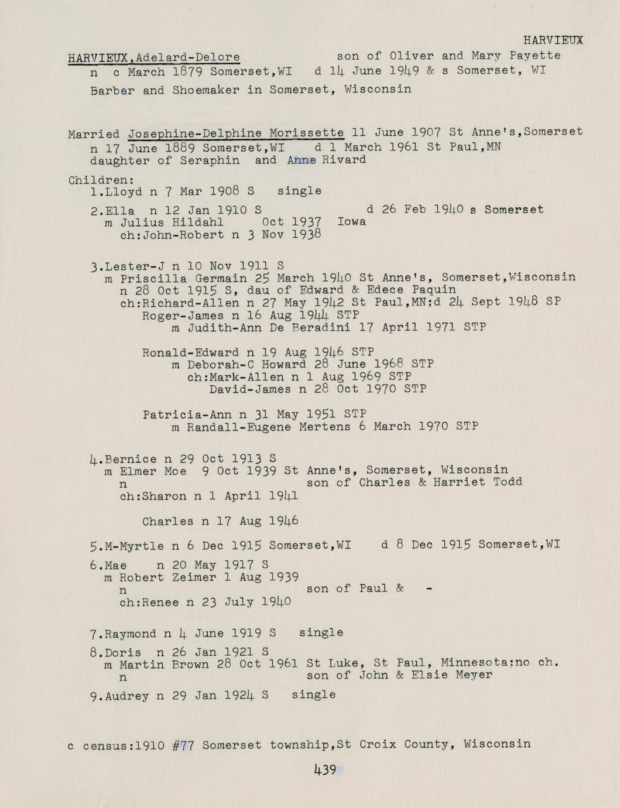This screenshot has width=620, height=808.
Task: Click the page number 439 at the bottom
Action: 326,770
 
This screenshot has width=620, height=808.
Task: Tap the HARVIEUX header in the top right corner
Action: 552,40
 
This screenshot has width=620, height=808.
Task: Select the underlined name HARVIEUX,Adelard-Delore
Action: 153,57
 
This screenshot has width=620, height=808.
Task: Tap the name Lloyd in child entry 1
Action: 124,191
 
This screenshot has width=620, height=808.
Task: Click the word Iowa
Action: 351,222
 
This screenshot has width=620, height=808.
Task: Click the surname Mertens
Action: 325,427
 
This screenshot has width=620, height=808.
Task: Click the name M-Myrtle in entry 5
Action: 135,546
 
